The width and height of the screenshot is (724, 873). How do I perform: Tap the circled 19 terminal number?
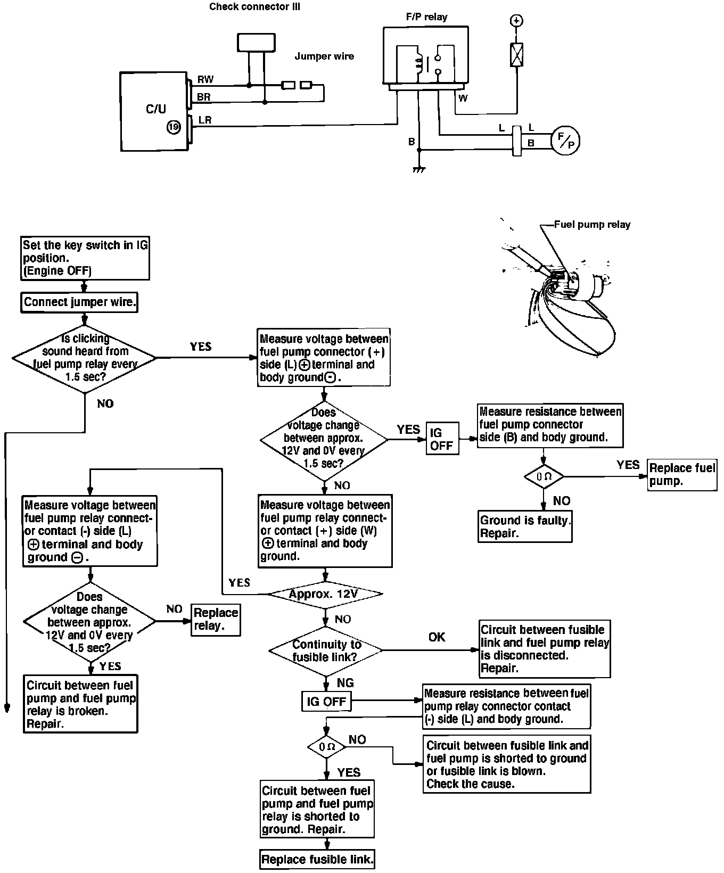pos(174,127)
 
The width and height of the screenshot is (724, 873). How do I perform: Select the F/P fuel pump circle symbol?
pos(565,141)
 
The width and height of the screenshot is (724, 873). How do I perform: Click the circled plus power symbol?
pos(516,21)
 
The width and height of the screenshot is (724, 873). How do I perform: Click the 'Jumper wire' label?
pos(324,56)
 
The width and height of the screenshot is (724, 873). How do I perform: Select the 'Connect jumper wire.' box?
pos(80,302)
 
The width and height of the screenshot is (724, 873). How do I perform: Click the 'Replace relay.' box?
pos(216,620)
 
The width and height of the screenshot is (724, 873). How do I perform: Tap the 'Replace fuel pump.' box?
pos(682,475)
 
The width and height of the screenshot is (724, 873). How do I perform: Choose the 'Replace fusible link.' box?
pos(317,859)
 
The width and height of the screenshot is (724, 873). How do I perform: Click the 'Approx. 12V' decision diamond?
pos(325,594)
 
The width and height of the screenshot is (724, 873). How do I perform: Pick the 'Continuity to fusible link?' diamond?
pos(325,650)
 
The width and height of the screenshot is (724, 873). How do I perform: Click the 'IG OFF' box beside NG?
pos(326,702)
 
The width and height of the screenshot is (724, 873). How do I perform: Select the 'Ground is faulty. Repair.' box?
pos(525,527)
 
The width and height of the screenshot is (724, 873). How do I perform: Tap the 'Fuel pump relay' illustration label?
pos(592,225)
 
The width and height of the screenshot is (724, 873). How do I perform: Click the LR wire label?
pos(205,120)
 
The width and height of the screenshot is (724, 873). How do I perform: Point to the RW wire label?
pos(205,80)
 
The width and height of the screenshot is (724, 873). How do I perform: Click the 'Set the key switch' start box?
pos(85,258)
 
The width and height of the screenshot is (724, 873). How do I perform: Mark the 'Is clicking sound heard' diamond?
pos(85,358)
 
